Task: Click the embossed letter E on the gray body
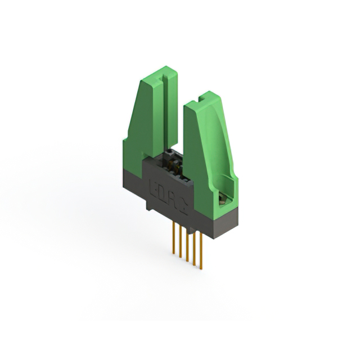pyautogui.click(x=153, y=186)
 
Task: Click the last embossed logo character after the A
pyautogui.click(x=181, y=201)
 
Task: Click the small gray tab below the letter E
pyautogui.click(x=150, y=206)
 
